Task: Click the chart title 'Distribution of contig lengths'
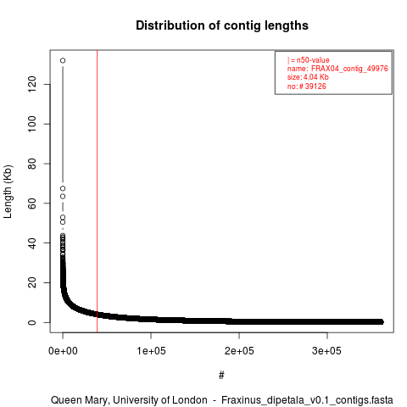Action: [x=222, y=25]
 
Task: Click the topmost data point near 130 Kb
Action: [x=63, y=60]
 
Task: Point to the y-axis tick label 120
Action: [x=32, y=84]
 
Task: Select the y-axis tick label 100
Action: [x=32, y=124]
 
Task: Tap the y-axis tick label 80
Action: [x=32, y=164]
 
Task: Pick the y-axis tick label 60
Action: [x=32, y=203]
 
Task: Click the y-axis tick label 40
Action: [x=32, y=243]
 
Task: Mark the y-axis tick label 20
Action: [x=32, y=282]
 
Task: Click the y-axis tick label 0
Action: [x=32, y=322]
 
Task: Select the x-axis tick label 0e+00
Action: [x=63, y=351]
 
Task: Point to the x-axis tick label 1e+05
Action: [x=151, y=351]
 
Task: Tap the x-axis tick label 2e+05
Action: [x=239, y=351]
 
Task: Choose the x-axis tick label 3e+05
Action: [x=327, y=351]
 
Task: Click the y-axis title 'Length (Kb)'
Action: [x=8, y=192]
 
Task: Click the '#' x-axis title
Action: [x=221, y=376]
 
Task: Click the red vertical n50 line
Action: [x=97, y=192]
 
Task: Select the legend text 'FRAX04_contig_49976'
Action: [x=349, y=69]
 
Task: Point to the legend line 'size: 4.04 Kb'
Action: [x=308, y=77]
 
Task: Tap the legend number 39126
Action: [x=315, y=86]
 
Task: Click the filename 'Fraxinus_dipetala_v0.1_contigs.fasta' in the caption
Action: [x=307, y=400]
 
